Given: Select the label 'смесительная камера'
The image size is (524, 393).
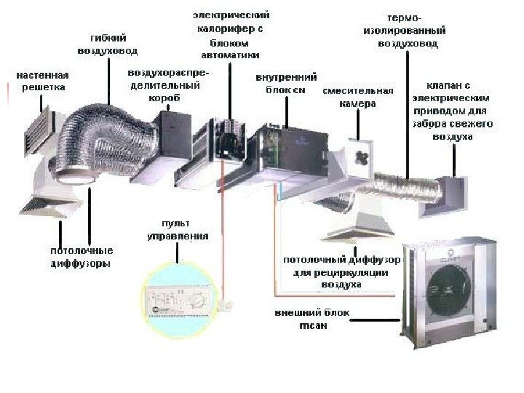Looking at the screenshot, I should coord(357,98).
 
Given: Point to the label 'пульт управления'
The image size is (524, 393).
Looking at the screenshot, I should coord(178,229).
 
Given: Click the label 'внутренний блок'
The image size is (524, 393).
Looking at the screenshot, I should coord(286,83).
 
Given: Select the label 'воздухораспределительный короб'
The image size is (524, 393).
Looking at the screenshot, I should coord(167,85).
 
